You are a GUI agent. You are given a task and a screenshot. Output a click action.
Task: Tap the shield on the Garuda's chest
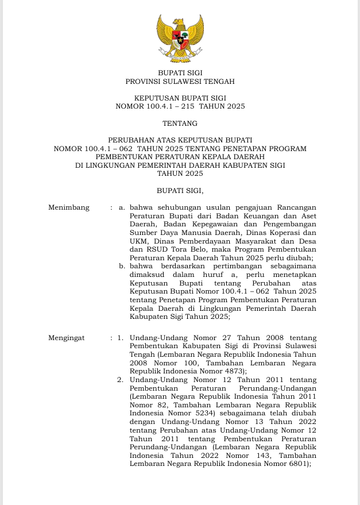click(180, 40)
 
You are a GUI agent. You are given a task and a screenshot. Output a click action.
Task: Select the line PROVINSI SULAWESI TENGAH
click(180, 82)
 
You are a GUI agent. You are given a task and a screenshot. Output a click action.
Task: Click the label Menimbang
click(69, 207)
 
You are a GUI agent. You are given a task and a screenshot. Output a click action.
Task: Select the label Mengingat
click(67, 338)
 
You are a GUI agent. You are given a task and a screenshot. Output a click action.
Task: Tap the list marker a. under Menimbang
click(122, 207)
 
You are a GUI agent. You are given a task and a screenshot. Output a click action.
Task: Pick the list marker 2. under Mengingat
click(120, 380)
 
